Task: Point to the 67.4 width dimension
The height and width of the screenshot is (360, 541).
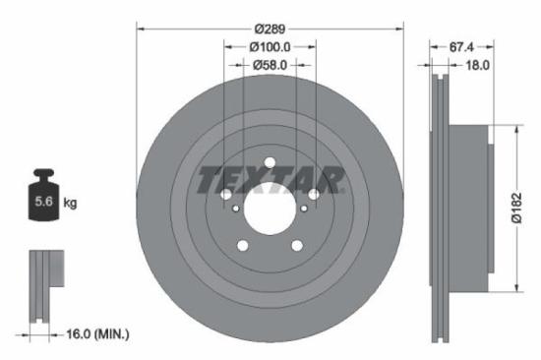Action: click(462, 46)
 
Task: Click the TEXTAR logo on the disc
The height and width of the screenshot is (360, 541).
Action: click(270, 180)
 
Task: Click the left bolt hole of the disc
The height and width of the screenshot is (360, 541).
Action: click(226, 195)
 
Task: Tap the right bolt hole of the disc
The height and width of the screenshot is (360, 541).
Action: click(313, 195)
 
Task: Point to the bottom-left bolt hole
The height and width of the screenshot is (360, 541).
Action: click(243, 246)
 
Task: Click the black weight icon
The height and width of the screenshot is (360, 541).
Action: click(45, 196)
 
